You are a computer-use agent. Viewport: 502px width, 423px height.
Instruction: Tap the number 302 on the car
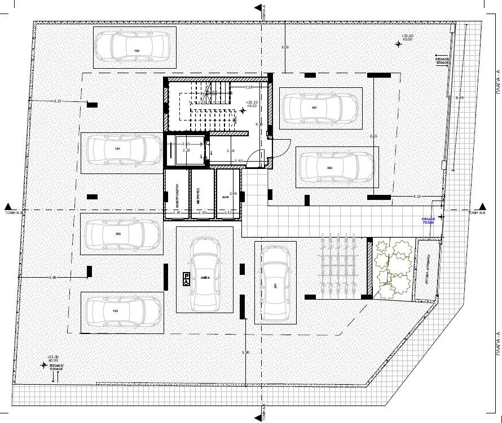tap(329, 168)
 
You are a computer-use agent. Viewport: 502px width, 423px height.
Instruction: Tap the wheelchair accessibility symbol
tap(185, 277)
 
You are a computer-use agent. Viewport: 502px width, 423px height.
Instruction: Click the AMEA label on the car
tap(205, 278)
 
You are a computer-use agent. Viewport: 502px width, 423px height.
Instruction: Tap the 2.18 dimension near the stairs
tap(265, 88)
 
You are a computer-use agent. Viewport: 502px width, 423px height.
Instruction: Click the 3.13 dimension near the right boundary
tap(417, 196)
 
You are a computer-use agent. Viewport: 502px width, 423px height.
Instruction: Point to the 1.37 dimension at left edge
tap(57, 101)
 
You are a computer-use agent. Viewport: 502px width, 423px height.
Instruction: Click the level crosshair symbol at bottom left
tap(43, 364)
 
